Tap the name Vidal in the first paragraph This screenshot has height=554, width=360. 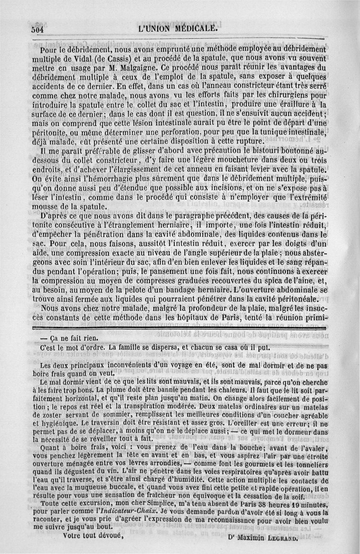click(x=77, y=59)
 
